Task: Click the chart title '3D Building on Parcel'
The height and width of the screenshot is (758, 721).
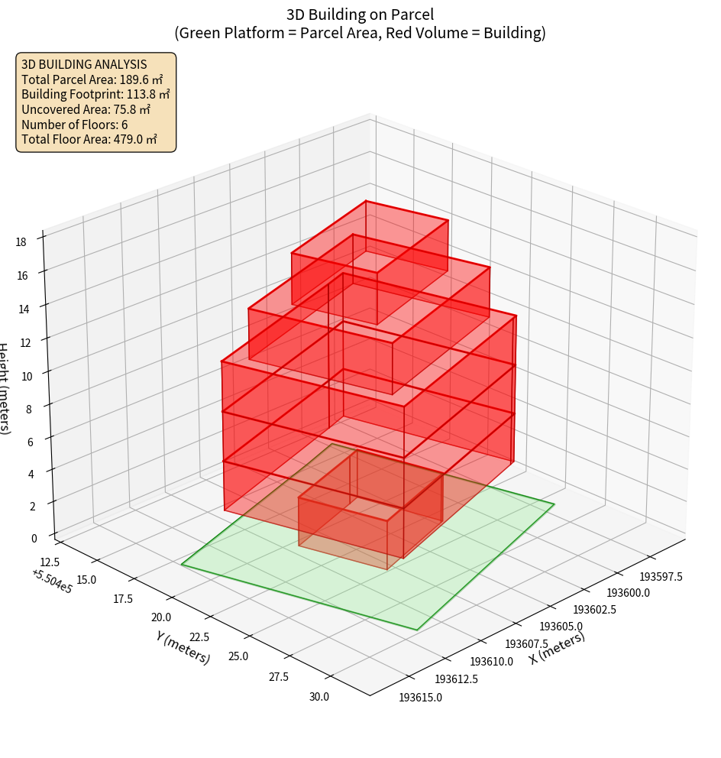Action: coord(360,15)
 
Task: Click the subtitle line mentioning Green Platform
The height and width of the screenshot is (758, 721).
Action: coord(360,33)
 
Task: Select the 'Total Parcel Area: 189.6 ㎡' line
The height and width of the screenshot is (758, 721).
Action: coord(92,79)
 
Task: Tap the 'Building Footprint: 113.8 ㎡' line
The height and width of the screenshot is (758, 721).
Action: coord(95,95)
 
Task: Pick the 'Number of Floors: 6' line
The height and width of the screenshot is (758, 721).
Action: coord(75,125)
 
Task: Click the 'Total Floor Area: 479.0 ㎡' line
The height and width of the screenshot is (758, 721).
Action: coord(89,139)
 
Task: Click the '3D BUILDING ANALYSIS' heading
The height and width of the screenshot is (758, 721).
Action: coord(84,65)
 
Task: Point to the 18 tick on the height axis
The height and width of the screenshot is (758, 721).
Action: coord(21,242)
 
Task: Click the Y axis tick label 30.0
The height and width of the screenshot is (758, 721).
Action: coord(318,696)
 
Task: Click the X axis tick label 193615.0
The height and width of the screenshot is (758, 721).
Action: coord(420,697)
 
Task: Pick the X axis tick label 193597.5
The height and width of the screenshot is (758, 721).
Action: coord(661,576)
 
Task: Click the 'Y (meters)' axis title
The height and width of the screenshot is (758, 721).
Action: coord(183,647)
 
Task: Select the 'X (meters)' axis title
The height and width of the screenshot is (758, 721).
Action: coord(557,647)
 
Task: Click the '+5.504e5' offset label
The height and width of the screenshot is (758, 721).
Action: coord(52,581)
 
